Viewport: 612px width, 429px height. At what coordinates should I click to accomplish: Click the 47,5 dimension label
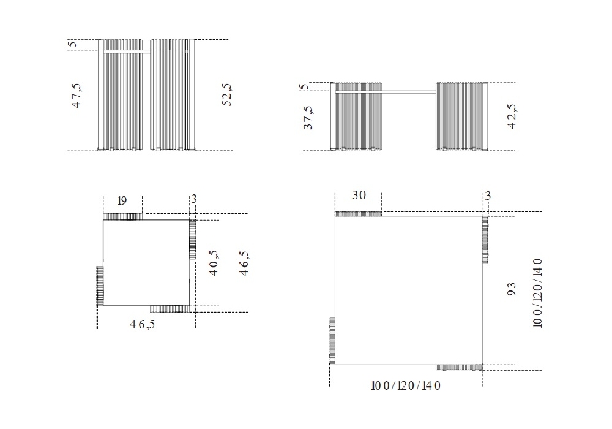76,96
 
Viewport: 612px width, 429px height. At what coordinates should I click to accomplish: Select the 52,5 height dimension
227,94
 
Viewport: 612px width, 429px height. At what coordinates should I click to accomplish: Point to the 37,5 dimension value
308,118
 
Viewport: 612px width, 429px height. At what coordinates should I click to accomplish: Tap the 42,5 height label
512,116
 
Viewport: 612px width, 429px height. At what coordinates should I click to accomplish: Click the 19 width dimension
122,201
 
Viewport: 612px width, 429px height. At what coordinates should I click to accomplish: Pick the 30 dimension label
359,195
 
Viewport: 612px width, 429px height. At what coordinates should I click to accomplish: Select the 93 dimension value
512,289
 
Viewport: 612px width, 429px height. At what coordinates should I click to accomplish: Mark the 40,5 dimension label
214,263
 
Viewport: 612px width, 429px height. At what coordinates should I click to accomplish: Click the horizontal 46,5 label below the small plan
143,324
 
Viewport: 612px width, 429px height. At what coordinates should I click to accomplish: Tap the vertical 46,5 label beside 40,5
244,264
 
